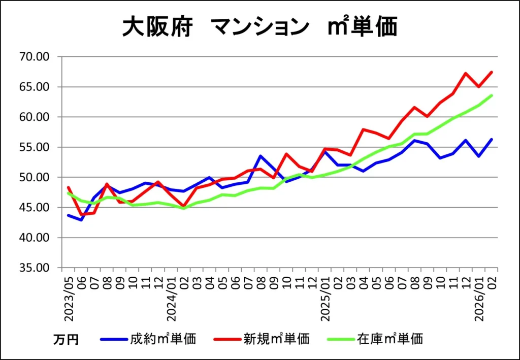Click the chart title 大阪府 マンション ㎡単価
259,26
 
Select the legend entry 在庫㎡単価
390,338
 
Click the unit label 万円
66,339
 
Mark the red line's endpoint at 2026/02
492,72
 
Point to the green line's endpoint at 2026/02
492,95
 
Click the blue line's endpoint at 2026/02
492,139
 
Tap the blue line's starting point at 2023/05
68,215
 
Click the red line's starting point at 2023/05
68,187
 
